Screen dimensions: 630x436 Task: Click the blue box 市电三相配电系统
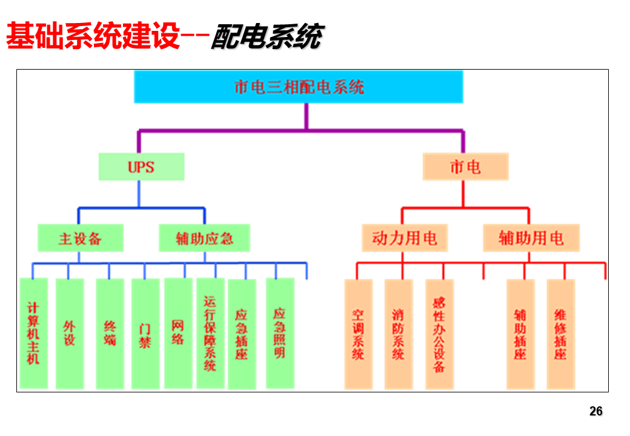[x=299, y=87]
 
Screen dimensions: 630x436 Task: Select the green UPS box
[x=141, y=167]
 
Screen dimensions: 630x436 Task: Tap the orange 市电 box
[x=466, y=167]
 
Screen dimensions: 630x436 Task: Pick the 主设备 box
[x=81, y=238]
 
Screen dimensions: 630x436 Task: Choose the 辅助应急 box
[x=205, y=238]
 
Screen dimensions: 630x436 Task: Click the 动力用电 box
[x=405, y=238]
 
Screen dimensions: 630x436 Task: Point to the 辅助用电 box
[x=531, y=238]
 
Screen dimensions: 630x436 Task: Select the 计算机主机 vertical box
[x=34, y=333]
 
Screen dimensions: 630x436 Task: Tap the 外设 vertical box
[x=70, y=334]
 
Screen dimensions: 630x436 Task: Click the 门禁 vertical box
[x=145, y=334]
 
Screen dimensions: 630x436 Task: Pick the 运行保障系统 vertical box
[x=210, y=333]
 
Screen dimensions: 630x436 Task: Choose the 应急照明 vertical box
[x=280, y=333]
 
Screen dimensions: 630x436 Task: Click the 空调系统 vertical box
[x=359, y=334]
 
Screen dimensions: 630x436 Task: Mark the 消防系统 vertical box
[x=399, y=334]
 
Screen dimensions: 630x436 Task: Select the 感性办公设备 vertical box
[x=440, y=334]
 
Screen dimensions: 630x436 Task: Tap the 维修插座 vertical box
[x=561, y=334]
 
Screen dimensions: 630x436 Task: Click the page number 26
[x=596, y=411]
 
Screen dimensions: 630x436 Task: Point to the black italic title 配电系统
[x=267, y=37]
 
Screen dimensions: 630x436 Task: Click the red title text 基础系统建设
[x=93, y=36]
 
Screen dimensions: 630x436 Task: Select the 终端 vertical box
[x=110, y=334]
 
